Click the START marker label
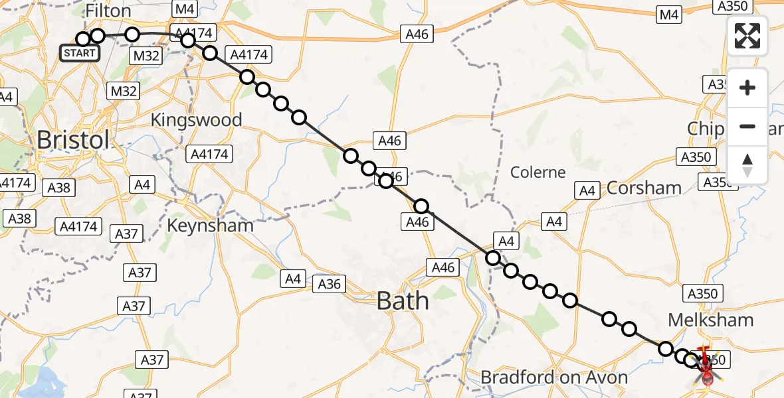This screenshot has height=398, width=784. click(80, 53)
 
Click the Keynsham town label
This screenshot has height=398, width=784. click(210, 225)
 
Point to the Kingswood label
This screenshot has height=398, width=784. click(196, 120)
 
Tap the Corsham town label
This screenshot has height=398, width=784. click(644, 188)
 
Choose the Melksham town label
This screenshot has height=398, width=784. click(710, 320)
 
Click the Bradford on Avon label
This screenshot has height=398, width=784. click(554, 378)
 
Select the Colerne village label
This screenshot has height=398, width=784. click(538, 172)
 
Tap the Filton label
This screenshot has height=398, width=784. click(109, 12)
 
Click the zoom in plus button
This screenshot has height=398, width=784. click(747, 88)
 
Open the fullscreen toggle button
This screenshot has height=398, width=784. click(747, 36)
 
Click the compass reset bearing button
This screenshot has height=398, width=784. click(747, 165)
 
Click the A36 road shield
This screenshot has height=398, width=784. click(329, 284)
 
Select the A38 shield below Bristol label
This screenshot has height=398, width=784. click(58, 188)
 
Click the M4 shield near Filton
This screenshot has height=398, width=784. click(184, 9)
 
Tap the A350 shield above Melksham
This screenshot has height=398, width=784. click(702, 294)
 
